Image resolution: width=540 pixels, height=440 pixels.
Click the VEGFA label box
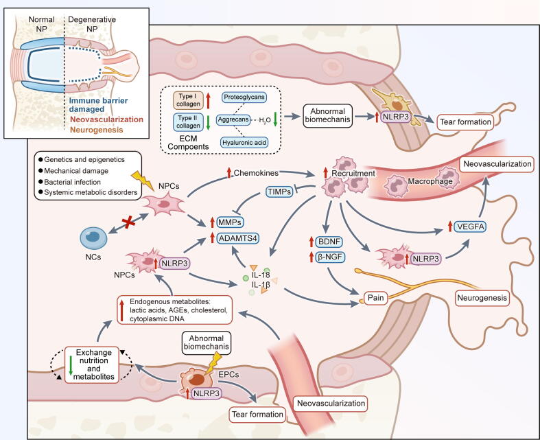(470, 227)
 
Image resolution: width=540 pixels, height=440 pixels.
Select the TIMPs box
(279, 192)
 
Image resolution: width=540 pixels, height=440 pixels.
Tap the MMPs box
(230, 222)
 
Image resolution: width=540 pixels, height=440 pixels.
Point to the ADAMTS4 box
(238, 238)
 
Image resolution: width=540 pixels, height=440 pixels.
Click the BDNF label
(329, 242)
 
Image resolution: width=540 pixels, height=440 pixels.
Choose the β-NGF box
(330, 257)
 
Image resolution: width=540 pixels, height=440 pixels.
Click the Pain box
(375, 297)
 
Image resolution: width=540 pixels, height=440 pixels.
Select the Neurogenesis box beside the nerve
(482, 298)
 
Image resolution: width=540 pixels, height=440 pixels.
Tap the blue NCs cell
(93, 238)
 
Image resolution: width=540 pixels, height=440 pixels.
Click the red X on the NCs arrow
(128, 222)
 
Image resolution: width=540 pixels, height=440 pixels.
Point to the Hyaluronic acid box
(244, 142)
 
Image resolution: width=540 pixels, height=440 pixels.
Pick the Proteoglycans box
(244, 97)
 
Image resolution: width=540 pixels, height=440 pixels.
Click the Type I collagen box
(188, 100)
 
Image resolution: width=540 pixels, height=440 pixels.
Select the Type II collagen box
(188, 122)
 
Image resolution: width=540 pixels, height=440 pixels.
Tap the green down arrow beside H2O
(275, 119)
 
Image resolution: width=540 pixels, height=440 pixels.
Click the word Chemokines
(256, 173)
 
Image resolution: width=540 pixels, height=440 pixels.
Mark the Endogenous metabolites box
(174, 310)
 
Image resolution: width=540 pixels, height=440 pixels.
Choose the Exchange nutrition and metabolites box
(92, 364)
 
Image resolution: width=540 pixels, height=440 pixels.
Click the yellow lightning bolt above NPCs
(142, 180)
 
